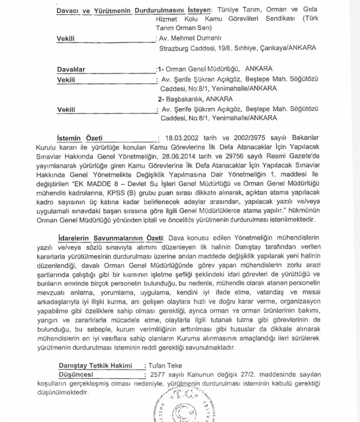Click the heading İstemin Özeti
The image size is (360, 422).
79,137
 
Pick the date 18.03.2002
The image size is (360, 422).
179,138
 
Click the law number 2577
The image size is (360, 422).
158,375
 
